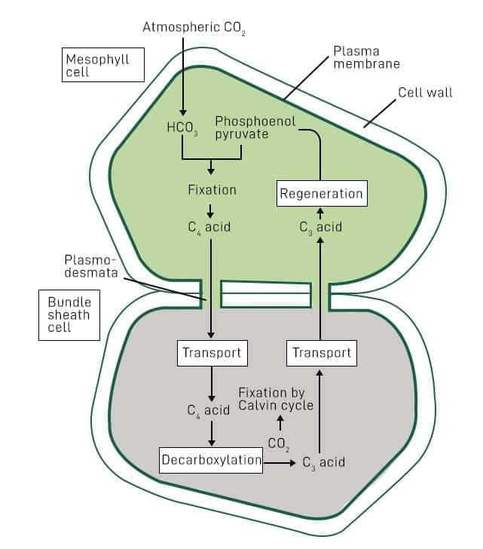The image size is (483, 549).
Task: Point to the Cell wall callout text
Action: [x=425, y=93]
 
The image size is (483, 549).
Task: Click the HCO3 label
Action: [x=182, y=127]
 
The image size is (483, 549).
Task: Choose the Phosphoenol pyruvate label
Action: [x=255, y=127]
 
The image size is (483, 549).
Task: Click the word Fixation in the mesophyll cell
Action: [x=212, y=190]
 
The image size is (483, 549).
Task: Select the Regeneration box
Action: [x=322, y=194]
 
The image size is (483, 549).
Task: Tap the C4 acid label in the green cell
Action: [x=209, y=225]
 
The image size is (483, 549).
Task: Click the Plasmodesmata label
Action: [x=90, y=266]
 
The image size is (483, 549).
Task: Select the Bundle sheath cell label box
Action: [x=69, y=314]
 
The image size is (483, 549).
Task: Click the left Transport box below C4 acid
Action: [x=212, y=352]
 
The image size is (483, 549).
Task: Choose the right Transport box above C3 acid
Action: [x=321, y=352]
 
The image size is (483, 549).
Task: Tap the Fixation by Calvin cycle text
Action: [x=275, y=399]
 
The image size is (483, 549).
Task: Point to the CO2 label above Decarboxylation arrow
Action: [x=279, y=443]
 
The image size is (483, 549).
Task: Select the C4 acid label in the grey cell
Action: [x=209, y=410]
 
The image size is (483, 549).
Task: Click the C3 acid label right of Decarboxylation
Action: [x=323, y=462]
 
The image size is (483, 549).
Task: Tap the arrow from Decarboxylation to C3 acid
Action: [x=280, y=462]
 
